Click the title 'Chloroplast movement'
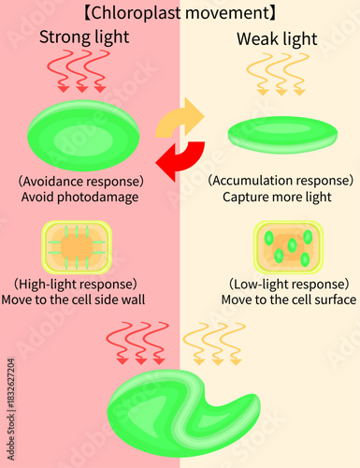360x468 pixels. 180,13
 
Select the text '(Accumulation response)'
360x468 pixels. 281,180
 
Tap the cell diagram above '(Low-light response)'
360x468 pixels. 289,247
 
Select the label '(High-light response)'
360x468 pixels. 77,283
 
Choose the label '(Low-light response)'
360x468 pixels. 289,283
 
